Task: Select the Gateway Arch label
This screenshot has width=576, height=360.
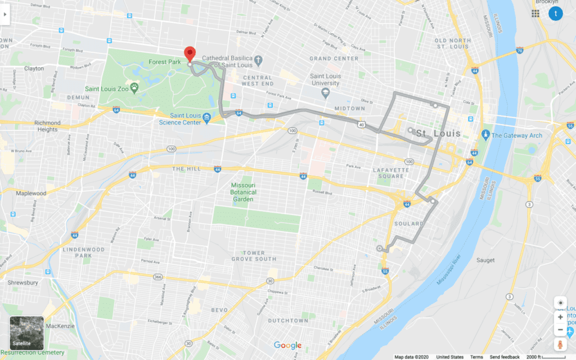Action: click(516, 136)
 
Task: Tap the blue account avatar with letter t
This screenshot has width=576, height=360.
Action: click(556, 13)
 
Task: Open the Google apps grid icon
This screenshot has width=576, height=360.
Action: click(535, 13)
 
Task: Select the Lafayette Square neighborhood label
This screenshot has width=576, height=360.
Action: click(388, 173)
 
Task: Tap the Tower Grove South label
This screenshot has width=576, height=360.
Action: click(254, 256)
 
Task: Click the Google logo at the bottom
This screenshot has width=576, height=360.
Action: click(287, 345)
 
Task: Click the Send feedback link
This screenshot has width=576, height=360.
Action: click(505, 357)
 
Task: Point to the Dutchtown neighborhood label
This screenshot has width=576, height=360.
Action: click(288, 321)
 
